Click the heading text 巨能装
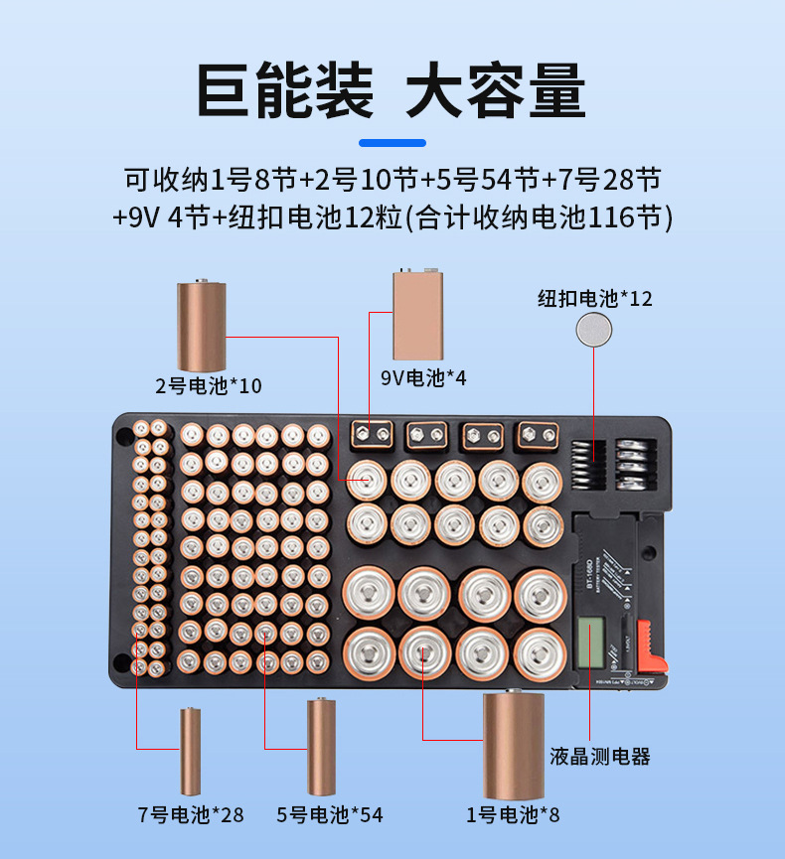click(284, 91)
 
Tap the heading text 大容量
click(497, 91)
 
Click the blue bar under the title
click(392, 143)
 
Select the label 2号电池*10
click(209, 385)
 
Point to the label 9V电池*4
click(423, 378)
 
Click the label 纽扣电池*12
click(595, 298)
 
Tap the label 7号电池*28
click(190, 815)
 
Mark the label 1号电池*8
click(513, 815)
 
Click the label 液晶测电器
click(600, 757)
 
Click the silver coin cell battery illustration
click(595, 330)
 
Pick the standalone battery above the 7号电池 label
click(192, 752)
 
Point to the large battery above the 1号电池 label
click(514, 745)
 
